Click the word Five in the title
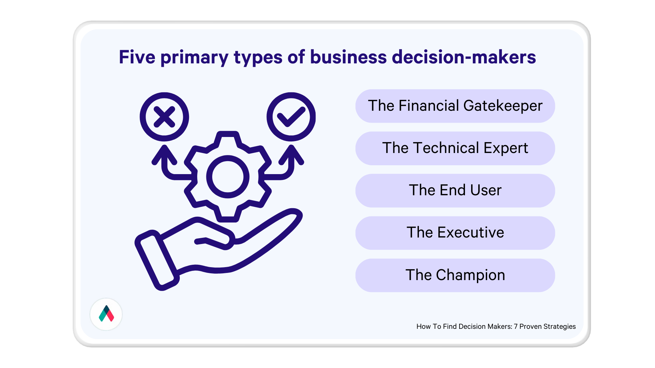click(x=137, y=57)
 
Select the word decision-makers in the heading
click(x=464, y=57)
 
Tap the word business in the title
click(x=348, y=57)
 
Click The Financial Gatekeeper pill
click(x=455, y=106)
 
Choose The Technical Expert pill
click(x=455, y=148)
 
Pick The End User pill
click(x=455, y=190)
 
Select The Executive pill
click(x=455, y=233)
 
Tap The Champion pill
click(x=455, y=275)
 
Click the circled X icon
click(x=164, y=117)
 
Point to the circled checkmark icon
click(x=291, y=117)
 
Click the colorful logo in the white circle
click(x=106, y=314)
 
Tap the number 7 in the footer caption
click(x=516, y=326)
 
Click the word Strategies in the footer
click(x=559, y=327)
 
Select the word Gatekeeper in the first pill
click(x=503, y=106)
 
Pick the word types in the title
click(x=258, y=58)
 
